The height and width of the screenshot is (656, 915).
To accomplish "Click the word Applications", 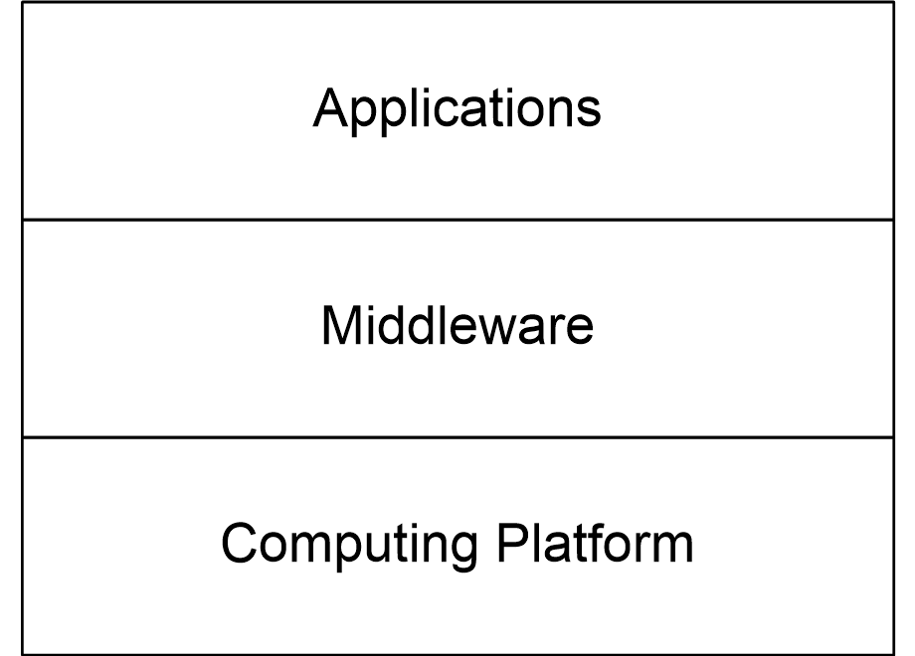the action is click(x=457, y=109).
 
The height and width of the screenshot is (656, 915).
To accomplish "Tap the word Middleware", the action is click(x=457, y=325).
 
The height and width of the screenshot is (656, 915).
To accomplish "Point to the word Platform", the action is click(x=595, y=543).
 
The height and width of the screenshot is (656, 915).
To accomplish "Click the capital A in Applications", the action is click(x=332, y=107).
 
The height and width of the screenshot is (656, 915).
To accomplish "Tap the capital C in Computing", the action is click(x=240, y=543).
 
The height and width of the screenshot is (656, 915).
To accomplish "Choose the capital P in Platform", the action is click(x=514, y=543).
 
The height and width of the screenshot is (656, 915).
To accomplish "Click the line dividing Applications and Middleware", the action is click(x=457, y=220).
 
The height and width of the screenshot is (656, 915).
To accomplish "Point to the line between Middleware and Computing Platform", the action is click(x=457, y=436).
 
